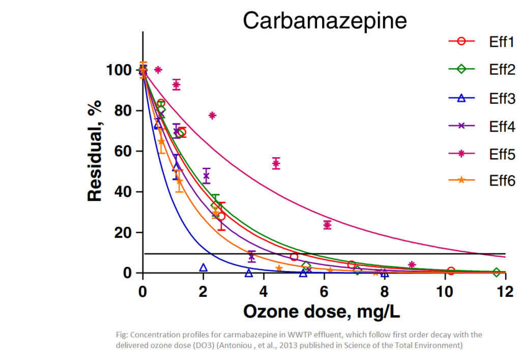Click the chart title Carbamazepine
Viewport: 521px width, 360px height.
coord(325,20)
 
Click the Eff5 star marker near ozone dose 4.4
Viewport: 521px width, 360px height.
coord(276,163)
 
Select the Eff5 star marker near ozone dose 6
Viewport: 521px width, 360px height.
coord(327,225)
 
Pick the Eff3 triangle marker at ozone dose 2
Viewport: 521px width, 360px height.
coord(204,267)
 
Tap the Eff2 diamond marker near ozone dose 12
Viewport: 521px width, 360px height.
coord(497,273)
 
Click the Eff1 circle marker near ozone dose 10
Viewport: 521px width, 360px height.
coord(451,271)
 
